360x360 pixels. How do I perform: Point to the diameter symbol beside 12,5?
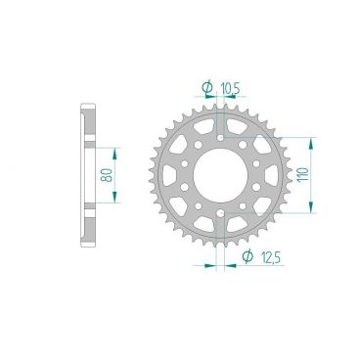[x=247, y=256]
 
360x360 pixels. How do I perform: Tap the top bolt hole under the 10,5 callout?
[x=219, y=136]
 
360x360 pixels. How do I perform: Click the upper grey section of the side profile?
[x=84, y=124]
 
